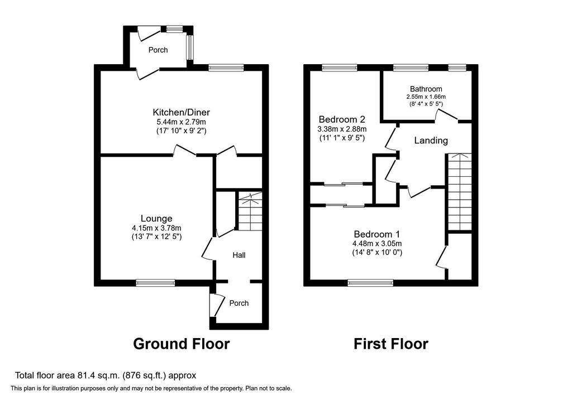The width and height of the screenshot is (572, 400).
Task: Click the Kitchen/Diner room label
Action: click(181, 112)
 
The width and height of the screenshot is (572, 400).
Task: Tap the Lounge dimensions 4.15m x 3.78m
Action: click(156, 228)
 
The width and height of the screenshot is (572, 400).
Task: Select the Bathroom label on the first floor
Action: click(426, 89)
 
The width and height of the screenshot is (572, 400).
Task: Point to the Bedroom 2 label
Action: click(342, 119)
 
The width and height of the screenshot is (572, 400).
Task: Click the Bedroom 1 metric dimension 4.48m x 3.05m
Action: click(377, 244)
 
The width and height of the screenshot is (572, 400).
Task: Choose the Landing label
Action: click(431, 141)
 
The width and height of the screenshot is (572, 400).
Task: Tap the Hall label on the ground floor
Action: click(239, 256)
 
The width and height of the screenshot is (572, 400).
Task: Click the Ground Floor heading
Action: click(182, 344)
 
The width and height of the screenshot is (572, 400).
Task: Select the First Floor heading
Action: click(390, 344)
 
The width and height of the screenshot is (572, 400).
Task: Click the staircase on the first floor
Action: click(460, 191)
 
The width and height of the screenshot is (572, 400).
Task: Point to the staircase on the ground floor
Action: click(250, 211)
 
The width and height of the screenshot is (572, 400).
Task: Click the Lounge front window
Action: click(155, 283)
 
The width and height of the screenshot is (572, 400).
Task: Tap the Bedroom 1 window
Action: click(371, 283)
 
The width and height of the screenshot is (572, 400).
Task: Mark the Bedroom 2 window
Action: click(340, 68)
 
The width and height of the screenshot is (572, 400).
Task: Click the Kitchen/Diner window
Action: click(226, 68)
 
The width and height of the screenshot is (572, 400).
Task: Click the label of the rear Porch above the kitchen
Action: click(158, 50)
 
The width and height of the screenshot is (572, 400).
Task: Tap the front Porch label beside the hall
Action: click(239, 303)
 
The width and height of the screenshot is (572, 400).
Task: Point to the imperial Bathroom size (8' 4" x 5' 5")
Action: click(426, 104)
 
